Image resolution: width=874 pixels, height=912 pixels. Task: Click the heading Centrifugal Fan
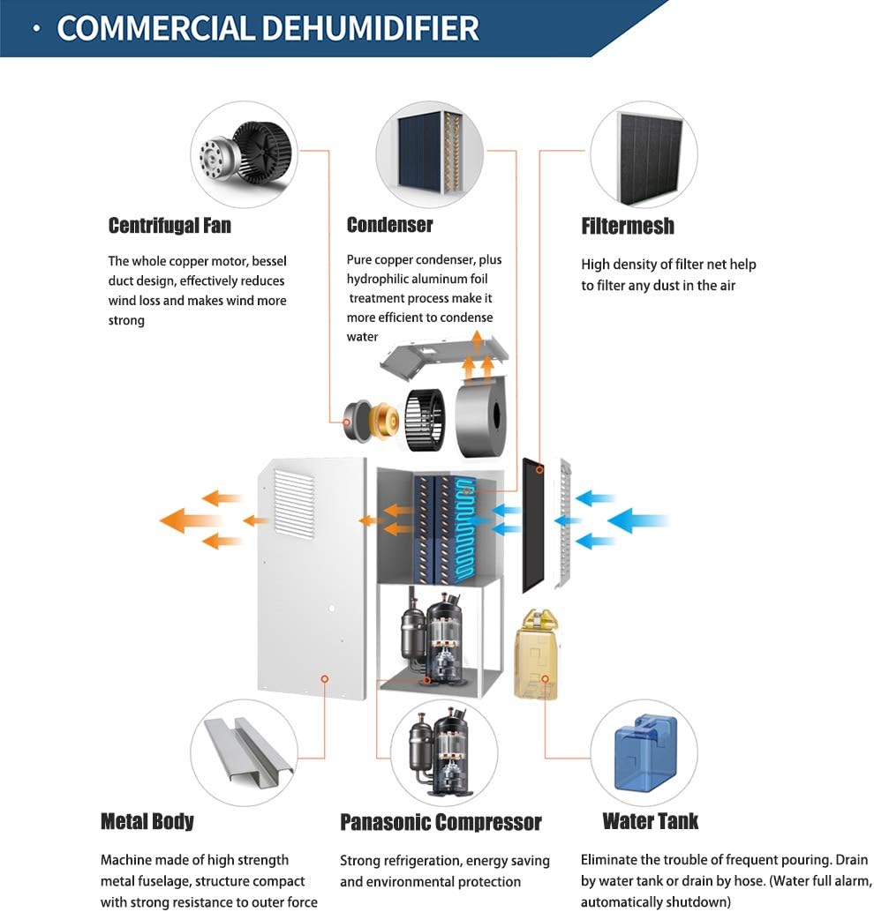tap(170, 225)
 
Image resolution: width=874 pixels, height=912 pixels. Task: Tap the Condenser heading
tap(389, 225)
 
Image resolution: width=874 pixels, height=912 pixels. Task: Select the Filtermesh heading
tap(628, 226)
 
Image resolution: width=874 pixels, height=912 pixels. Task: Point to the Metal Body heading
tap(147, 821)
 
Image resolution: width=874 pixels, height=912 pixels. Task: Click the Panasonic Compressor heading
tap(441, 822)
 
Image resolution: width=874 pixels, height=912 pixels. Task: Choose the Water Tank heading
tap(651, 821)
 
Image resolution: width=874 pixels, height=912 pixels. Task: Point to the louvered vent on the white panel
tap(294, 503)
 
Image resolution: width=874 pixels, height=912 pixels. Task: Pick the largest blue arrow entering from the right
tap(637, 520)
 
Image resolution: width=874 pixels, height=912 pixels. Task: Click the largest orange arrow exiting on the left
tap(190, 520)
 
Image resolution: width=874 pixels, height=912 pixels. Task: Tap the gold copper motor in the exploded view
tap(386, 420)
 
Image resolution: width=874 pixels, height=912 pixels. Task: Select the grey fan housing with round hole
tap(480, 415)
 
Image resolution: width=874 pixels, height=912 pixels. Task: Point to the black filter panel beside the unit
tap(533, 525)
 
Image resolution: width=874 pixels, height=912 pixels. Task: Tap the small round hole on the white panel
tap(332, 609)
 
